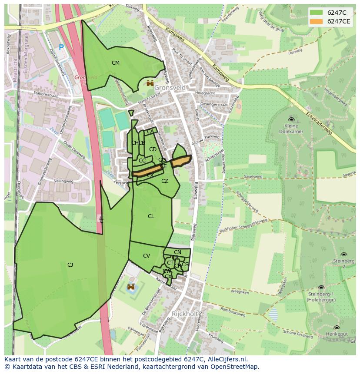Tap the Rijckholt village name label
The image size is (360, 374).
point(186,314)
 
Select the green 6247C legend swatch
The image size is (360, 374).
point(316,13)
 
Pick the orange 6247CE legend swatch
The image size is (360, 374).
point(316,21)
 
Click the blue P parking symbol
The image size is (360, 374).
point(61,47)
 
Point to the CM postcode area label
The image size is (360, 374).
point(115,63)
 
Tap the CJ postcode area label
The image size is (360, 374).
point(70,265)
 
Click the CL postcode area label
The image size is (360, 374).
point(151,216)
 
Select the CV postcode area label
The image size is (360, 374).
point(147,256)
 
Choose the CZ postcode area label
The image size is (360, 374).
point(165,181)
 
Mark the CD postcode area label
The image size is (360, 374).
point(153,149)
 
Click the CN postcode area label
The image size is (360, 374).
point(177,252)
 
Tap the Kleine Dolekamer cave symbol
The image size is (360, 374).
point(291,119)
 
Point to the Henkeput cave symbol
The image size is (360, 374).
point(337,328)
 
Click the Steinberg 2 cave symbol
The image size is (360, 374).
point(343,255)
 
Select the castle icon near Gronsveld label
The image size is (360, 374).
point(150,83)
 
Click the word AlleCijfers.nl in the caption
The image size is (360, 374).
point(226,359)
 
